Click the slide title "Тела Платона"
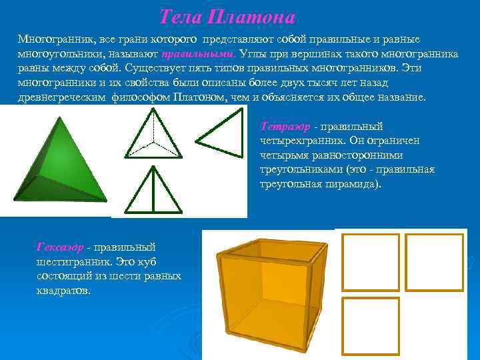click(227, 17)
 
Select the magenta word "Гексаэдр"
click(60, 247)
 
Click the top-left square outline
click(371, 262)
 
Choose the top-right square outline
click(434, 262)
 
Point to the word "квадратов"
click(63, 291)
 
